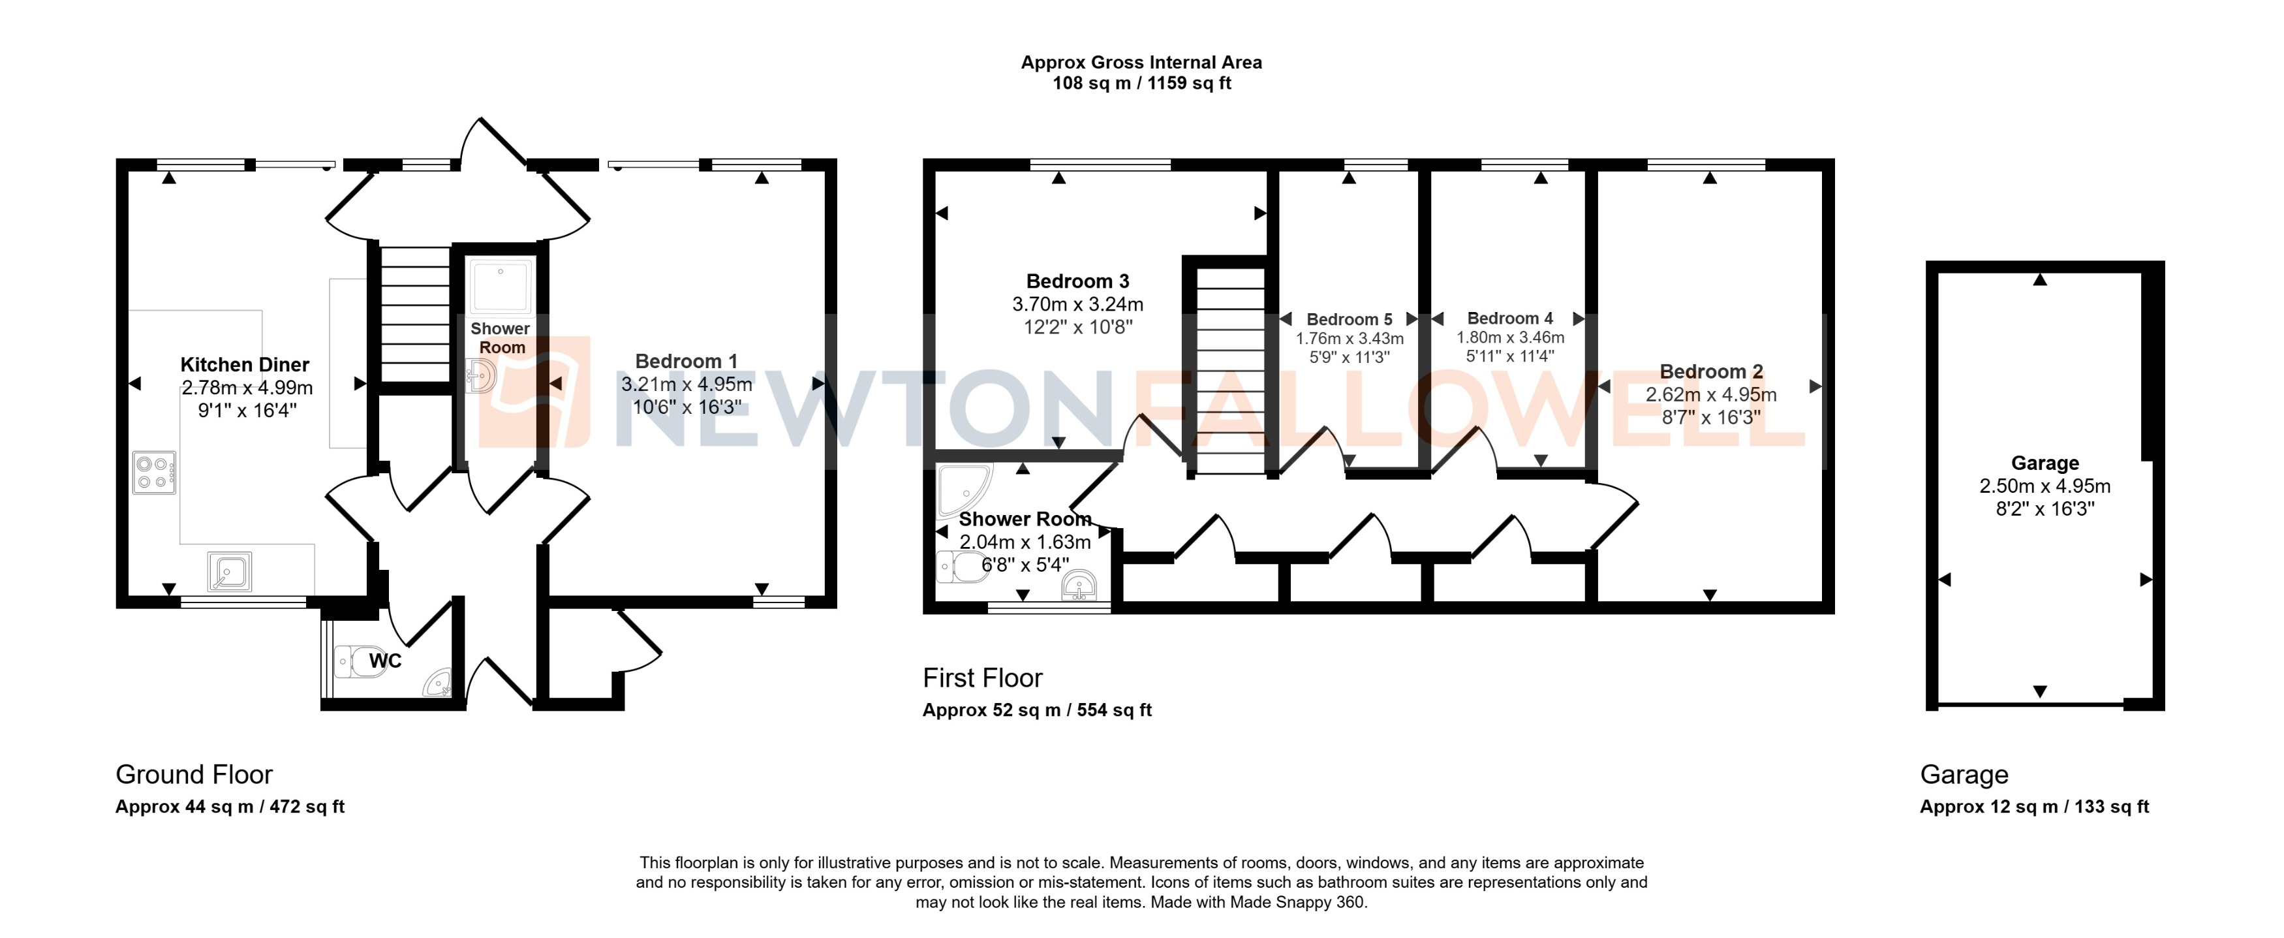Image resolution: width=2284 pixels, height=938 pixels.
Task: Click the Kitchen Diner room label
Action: click(x=245, y=364)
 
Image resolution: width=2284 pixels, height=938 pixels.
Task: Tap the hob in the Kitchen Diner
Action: click(x=153, y=473)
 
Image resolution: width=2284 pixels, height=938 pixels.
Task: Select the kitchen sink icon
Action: click(x=230, y=571)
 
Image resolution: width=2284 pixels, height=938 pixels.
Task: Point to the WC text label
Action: click(x=385, y=661)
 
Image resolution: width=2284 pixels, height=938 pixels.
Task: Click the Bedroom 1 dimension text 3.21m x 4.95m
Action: click(x=687, y=384)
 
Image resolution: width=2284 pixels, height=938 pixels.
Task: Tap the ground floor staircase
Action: click(x=416, y=315)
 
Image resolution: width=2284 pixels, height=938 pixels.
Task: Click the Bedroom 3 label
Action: click(x=1077, y=282)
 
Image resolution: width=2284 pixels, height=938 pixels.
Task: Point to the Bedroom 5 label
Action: click(x=1349, y=319)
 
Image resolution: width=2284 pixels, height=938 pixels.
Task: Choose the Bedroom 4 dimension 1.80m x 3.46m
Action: click(x=1510, y=337)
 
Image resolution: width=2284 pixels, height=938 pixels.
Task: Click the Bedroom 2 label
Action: click(x=1710, y=371)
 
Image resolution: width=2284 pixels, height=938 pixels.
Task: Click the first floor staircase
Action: click(x=1230, y=372)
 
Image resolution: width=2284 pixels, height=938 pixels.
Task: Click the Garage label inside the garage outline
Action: click(x=2044, y=463)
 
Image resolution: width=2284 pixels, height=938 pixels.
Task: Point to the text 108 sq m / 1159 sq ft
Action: click(x=1141, y=84)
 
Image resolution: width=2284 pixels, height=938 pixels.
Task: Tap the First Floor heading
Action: click(x=981, y=678)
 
